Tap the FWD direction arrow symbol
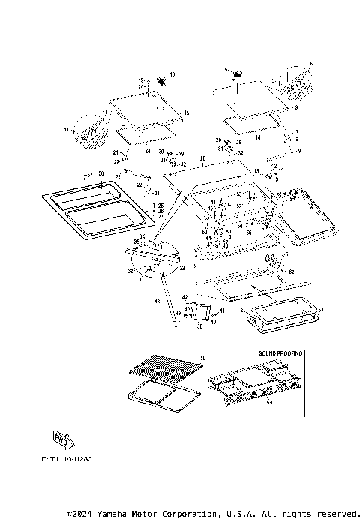61,437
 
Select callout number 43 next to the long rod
157,301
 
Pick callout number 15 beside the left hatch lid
187,113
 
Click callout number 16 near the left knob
171,74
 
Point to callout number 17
66,130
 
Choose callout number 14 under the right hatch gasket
258,138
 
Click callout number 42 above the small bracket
183,298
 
